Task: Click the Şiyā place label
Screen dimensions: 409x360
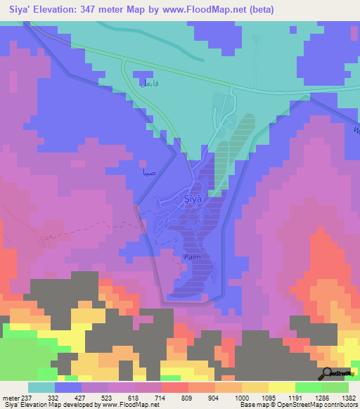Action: click(193, 199)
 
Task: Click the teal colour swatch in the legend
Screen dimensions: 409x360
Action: click(41, 387)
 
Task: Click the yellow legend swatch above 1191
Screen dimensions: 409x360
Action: click(282, 387)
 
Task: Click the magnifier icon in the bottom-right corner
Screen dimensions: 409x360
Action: click(328, 373)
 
